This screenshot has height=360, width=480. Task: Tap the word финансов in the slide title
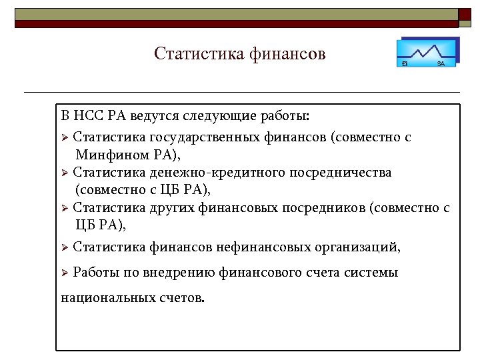(288, 53)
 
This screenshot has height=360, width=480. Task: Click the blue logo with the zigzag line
(427, 52)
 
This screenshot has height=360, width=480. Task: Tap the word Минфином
(110, 155)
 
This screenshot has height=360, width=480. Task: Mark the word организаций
(358, 247)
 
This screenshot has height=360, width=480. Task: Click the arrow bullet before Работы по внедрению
(65, 273)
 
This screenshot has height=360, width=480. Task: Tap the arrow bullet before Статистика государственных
(65, 138)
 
